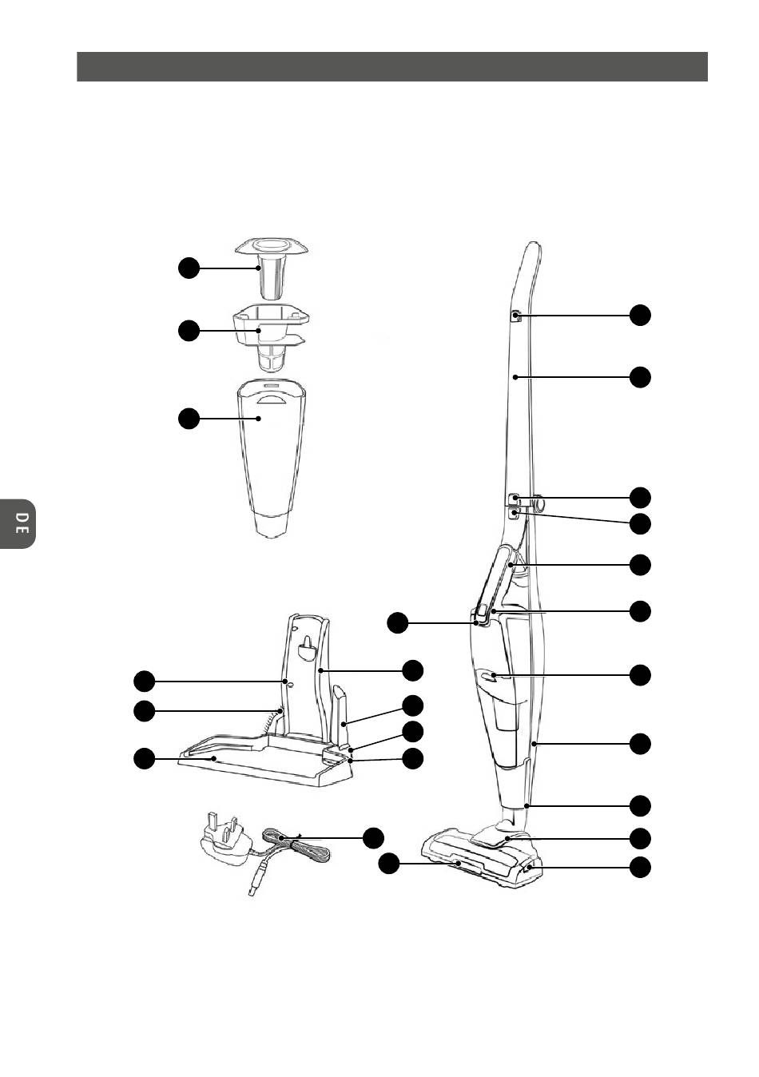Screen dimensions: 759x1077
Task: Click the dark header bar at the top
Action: [391, 66]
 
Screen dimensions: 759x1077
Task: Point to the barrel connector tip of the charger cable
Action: [252, 888]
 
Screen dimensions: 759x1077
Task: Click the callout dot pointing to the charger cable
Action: [372, 837]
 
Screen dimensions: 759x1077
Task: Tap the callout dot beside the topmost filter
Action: [188, 268]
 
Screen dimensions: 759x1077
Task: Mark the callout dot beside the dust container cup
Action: [188, 418]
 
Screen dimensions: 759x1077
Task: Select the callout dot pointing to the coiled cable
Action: [144, 710]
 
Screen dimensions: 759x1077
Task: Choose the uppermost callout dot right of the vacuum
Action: [640, 315]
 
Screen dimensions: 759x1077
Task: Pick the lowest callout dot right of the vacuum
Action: [640, 867]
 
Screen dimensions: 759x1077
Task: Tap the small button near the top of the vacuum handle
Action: [515, 316]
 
